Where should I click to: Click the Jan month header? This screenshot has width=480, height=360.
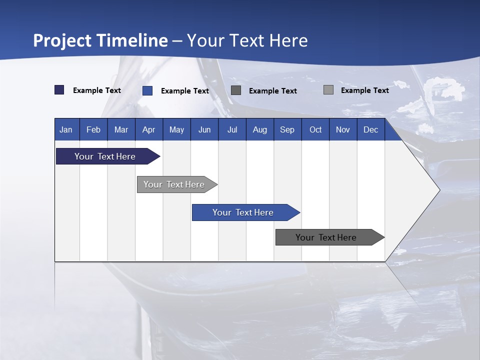(x=66, y=130)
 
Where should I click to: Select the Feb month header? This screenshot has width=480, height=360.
(x=93, y=130)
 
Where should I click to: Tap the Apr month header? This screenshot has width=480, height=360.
(x=149, y=130)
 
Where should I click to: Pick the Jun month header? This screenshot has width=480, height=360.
(x=204, y=130)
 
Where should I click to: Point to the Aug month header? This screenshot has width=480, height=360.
(x=260, y=130)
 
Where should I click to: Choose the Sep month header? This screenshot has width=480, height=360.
(x=287, y=130)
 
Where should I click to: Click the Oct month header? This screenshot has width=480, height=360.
(x=315, y=130)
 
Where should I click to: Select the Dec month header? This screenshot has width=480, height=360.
(x=371, y=130)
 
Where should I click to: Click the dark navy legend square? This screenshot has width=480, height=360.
(x=59, y=90)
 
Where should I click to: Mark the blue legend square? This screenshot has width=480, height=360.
(x=147, y=90)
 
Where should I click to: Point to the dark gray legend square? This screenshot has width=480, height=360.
(x=236, y=90)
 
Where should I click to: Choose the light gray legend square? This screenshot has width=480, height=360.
(x=328, y=90)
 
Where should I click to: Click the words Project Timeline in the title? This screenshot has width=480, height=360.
(x=100, y=40)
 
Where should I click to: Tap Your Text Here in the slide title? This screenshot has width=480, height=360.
(x=247, y=40)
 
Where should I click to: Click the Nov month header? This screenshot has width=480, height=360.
(x=343, y=130)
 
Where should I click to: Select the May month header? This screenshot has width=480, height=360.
(x=176, y=130)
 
